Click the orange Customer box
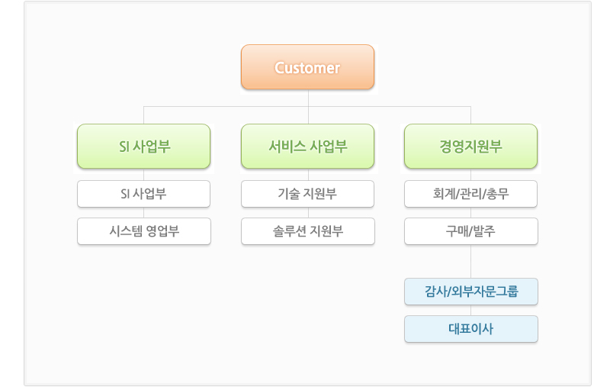pos(307,67)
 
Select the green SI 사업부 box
pos(143,147)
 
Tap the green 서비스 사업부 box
pos(307,147)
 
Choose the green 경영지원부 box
pos(470,147)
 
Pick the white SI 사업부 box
pos(143,194)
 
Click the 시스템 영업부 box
pos(144,231)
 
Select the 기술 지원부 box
pos(307,194)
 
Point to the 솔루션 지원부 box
pos(308,231)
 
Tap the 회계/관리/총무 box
pos(470,194)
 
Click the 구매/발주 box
pos(471,231)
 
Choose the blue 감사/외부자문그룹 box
pos(471,292)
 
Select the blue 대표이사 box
pos(471,329)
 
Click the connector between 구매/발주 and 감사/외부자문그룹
pos(470,261)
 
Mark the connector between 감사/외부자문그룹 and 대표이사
pos(470,311)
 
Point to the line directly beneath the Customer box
pos(308,107)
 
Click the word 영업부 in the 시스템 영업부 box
pos(162,231)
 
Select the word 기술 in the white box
pos(288,194)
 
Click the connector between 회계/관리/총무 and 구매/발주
pos(470,212)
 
